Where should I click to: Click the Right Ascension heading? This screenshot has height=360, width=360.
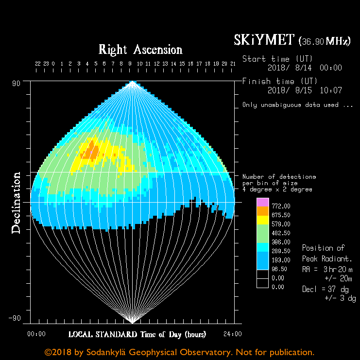[x=140, y=50]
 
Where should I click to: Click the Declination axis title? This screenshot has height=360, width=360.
[x=17, y=203]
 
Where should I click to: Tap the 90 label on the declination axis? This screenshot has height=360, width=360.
[x=17, y=83]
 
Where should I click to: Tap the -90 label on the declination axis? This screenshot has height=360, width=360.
[x=15, y=319]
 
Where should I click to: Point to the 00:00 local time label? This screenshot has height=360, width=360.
[x=36, y=334]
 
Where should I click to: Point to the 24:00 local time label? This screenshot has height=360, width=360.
[x=233, y=334]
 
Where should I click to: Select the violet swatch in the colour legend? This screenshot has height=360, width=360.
[x=262, y=203]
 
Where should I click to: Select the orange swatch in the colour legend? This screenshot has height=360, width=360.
[x=262, y=212]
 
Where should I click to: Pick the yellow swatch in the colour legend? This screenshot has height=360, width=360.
[x=262, y=221]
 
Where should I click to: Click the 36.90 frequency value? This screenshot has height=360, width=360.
[x=313, y=42]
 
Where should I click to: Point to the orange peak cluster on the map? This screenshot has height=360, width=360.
[x=90, y=152]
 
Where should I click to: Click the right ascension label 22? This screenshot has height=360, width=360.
[x=37, y=64]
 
